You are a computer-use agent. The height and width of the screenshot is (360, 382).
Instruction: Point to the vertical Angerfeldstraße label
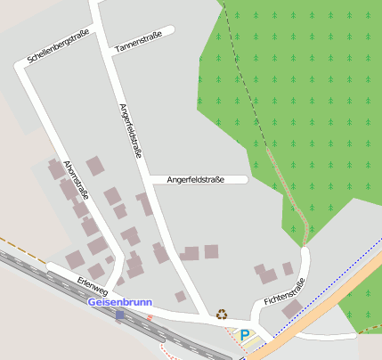(130, 130)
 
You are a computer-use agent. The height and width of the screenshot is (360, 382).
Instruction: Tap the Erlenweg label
(92, 286)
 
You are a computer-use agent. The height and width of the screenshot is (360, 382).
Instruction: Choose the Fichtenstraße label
(284, 291)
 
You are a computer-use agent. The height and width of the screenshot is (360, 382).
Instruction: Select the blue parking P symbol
(244, 334)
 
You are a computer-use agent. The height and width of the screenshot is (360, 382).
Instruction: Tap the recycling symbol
(222, 314)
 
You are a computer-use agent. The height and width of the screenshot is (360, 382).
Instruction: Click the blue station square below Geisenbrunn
(120, 315)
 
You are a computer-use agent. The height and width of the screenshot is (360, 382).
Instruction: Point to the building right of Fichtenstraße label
(293, 308)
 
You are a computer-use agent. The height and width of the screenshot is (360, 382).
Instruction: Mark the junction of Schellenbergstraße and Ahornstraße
(24, 66)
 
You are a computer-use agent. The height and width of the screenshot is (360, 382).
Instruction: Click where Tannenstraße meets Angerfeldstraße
(109, 50)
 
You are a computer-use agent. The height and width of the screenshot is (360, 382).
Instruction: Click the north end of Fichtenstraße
(305, 253)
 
